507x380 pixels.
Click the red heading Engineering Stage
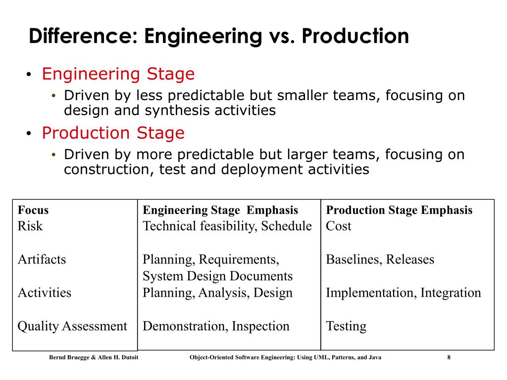[118, 74]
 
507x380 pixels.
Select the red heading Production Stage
[113, 133]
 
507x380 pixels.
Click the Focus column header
[33, 210]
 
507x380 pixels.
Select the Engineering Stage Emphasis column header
[220, 210]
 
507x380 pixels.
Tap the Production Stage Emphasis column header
[399, 210]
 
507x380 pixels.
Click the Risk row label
[30, 226]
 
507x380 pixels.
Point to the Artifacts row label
[42, 260]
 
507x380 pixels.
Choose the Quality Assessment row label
[72, 326]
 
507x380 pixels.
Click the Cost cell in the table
[338, 226]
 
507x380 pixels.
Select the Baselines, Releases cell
[380, 260]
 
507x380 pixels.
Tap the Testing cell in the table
[346, 326]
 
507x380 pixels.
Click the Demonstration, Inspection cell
[216, 326]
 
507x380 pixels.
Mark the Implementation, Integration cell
[403, 293]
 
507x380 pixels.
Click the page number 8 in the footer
[449, 358]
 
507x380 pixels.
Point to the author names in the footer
[94, 358]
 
